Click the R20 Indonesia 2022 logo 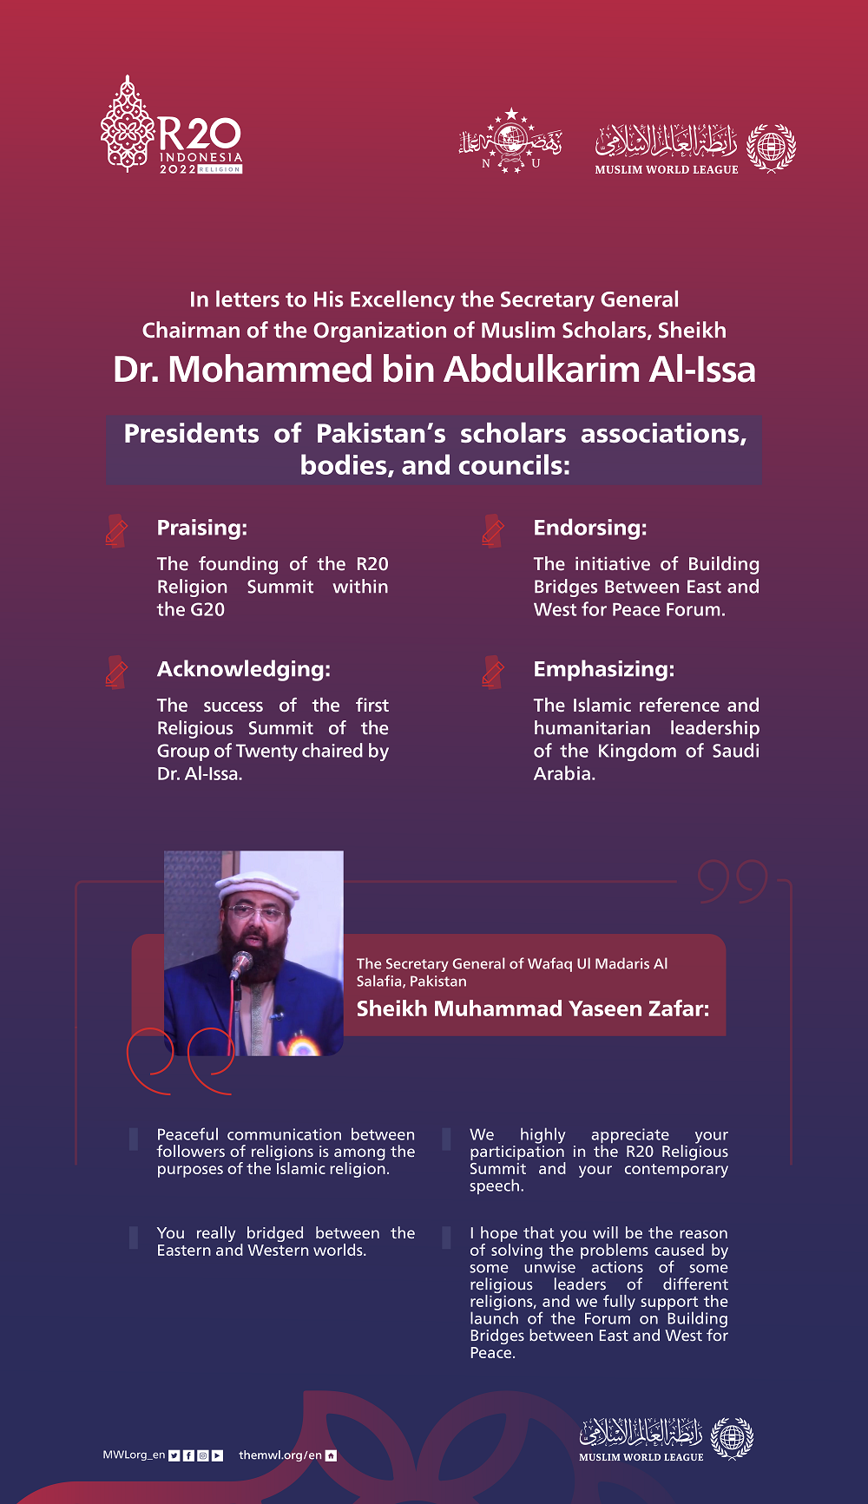[x=172, y=127]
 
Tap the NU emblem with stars [x=510, y=141]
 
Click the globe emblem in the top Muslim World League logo [x=771, y=147]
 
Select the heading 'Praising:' [x=201, y=528]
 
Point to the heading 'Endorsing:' [x=590, y=528]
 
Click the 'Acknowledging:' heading [x=243, y=669]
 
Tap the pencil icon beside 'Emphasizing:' [x=493, y=672]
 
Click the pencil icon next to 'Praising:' [x=116, y=530]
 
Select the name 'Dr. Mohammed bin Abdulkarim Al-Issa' [x=434, y=370]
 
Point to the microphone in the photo [x=240, y=963]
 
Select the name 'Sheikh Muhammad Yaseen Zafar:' [x=532, y=1008]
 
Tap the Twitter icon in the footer [x=174, y=1455]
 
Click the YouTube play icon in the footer [x=217, y=1455]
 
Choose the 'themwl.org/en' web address [x=279, y=1455]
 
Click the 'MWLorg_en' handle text [x=134, y=1455]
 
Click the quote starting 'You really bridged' [x=286, y=1242]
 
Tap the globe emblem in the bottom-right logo [x=732, y=1438]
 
